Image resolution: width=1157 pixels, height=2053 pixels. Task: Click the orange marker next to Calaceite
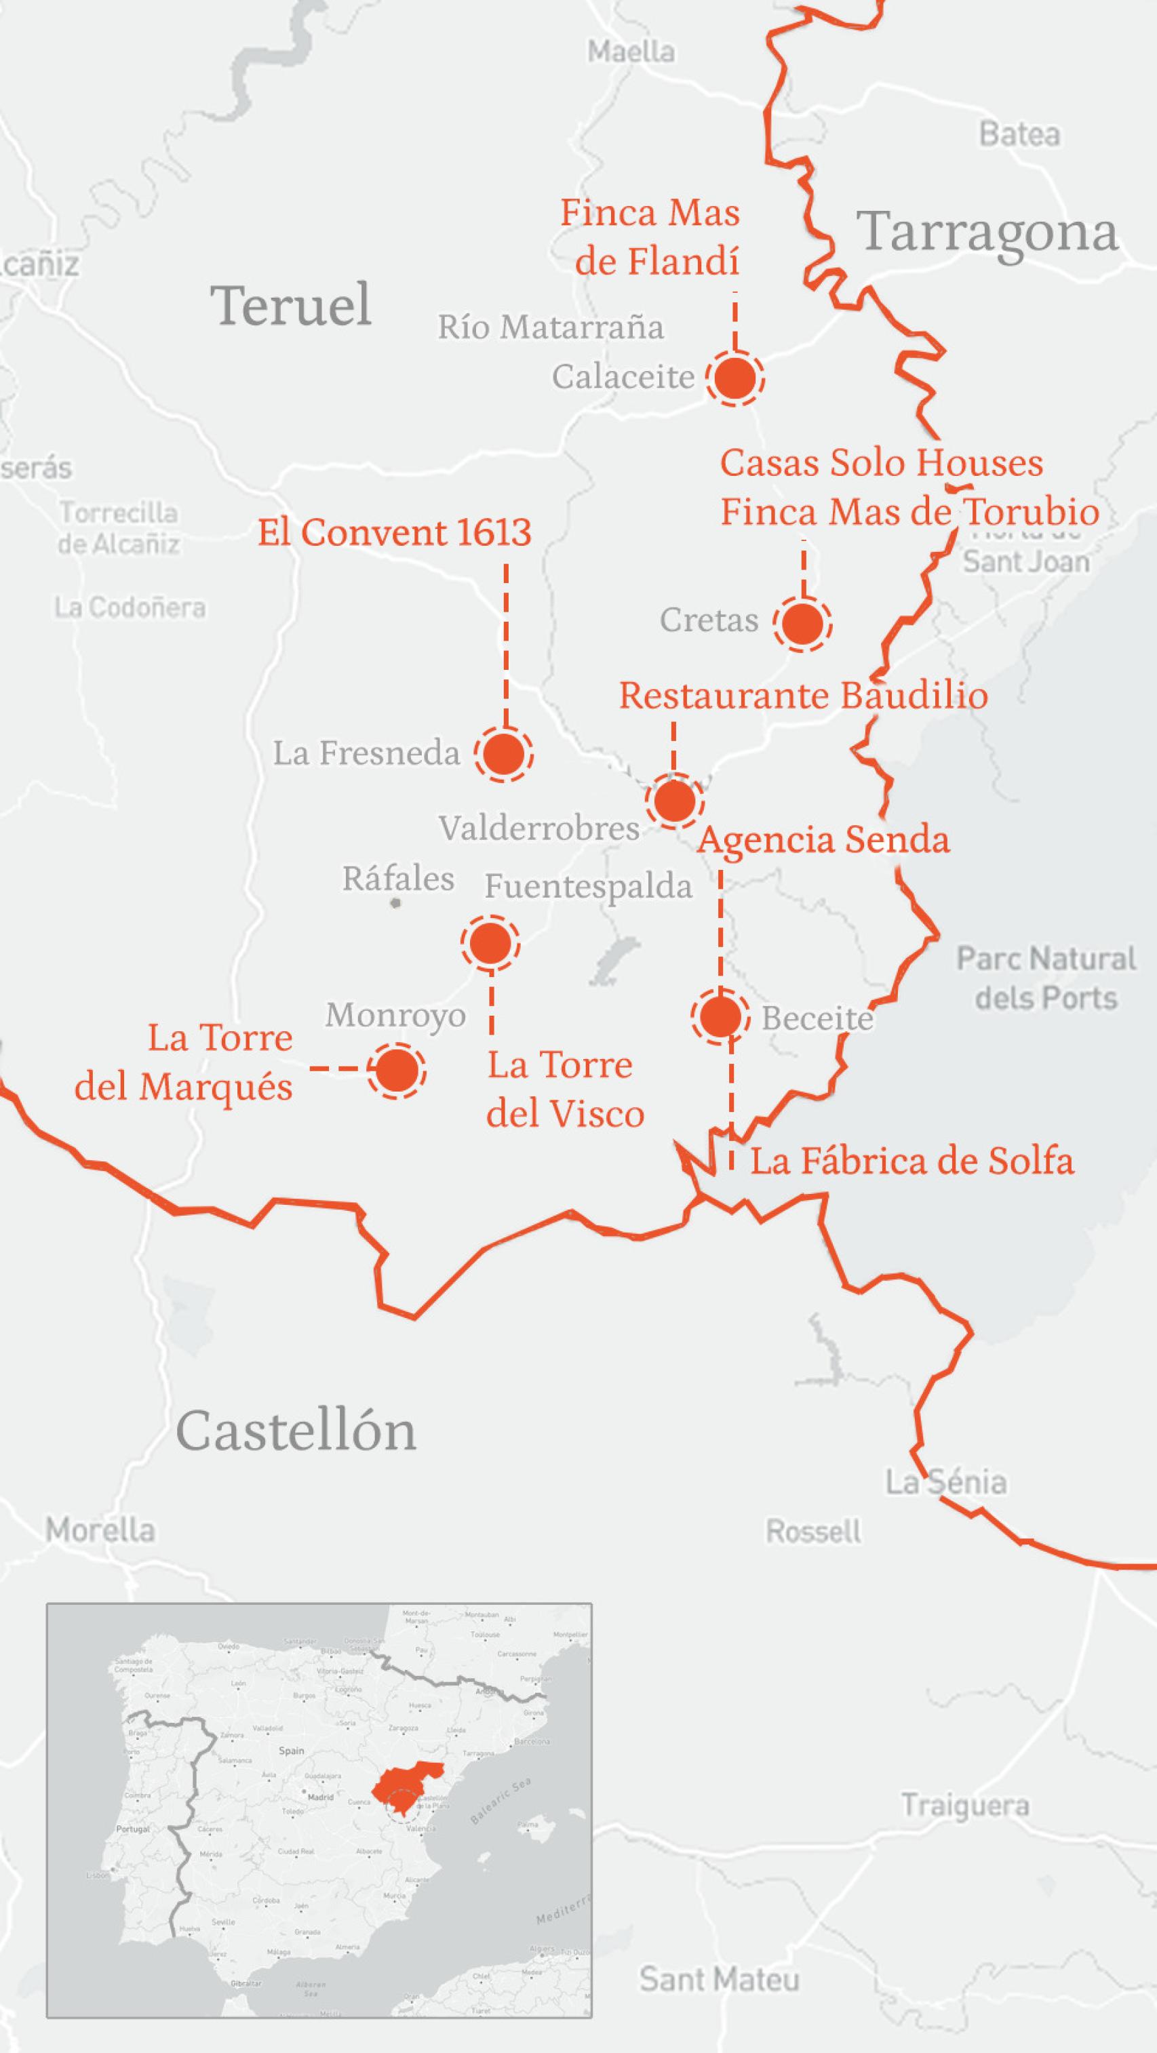tap(734, 378)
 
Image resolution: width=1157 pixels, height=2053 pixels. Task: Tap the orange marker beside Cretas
tap(802, 623)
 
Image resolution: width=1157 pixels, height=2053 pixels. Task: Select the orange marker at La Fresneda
tap(503, 754)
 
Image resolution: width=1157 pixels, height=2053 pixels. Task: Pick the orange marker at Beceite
tap(720, 1016)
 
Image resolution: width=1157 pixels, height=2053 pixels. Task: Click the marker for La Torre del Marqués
tap(396, 1071)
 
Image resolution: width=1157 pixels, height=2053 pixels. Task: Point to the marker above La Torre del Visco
tap(490, 944)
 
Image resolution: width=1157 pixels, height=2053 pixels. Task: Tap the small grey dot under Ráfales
tap(396, 903)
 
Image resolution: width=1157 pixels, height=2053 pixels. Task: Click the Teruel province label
tap(291, 304)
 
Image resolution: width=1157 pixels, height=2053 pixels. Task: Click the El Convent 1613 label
tap(394, 532)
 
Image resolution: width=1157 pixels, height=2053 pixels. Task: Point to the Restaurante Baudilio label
tap(803, 695)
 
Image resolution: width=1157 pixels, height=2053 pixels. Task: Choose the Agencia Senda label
tap(824, 839)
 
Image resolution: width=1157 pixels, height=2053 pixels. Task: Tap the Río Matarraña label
tap(550, 327)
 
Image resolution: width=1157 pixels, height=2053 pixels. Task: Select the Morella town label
tap(100, 1530)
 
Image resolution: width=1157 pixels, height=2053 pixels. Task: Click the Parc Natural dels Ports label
tap(1045, 978)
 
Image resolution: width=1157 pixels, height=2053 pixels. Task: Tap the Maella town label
tap(631, 52)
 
